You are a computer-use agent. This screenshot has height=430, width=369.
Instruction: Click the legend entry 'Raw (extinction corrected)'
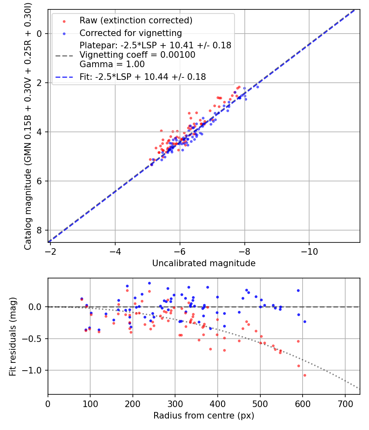click(x=136, y=20)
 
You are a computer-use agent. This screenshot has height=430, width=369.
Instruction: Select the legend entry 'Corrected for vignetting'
click(x=130, y=33)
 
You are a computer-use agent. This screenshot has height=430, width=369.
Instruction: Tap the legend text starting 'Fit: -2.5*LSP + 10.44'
click(x=143, y=77)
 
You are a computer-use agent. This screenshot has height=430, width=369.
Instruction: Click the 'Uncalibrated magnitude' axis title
click(x=204, y=263)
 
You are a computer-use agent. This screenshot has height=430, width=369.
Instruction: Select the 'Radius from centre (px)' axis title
click(x=204, y=416)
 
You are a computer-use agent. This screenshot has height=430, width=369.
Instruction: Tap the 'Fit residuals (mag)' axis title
click(x=13, y=336)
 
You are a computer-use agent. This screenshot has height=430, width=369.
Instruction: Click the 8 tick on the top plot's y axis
click(x=40, y=230)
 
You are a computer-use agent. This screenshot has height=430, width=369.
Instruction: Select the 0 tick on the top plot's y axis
click(x=40, y=34)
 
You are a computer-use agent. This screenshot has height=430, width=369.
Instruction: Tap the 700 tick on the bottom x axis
click(x=345, y=403)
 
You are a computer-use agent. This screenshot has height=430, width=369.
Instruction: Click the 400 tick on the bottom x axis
click(x=218, y=403)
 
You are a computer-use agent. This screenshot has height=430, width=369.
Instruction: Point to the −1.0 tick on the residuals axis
click(x=34, y=370)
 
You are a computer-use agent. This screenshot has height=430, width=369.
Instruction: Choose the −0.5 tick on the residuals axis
click(x=34, y=339)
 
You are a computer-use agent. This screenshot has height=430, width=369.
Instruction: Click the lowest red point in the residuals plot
click(x=305, y=375)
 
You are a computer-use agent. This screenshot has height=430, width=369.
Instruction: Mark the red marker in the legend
click(x=64, y=20)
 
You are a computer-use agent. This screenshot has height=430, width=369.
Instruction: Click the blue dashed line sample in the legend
click(x=64, y=77)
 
